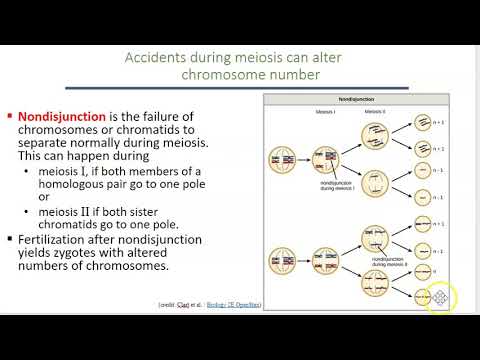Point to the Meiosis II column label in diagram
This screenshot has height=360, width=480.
point(375,113)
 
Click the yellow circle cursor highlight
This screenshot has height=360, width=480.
point(440,296)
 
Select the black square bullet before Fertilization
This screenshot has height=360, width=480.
point(9,240)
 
